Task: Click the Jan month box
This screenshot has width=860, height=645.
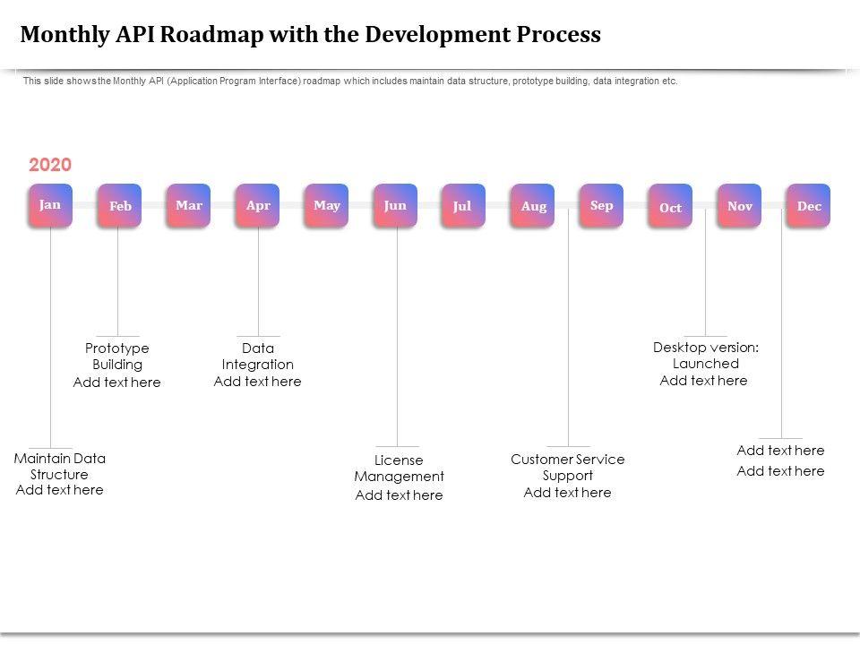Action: [50, 205]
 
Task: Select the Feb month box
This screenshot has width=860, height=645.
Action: [120, 206]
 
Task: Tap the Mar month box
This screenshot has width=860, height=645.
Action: [189, 205]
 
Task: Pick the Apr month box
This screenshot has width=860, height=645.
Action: [258, 205]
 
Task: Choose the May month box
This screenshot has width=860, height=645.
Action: [327, 205]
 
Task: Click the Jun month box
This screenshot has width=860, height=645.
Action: [395, 205]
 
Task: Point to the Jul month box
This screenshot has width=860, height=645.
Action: [462, 206]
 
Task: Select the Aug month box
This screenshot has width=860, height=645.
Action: [533, 206]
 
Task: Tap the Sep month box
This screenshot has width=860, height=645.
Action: [602, 205]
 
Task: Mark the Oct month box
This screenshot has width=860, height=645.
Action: [670, 207]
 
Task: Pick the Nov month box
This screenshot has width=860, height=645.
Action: [740, 206]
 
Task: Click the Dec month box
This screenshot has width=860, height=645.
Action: [809, 206]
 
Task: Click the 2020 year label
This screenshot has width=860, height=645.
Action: [50, 165]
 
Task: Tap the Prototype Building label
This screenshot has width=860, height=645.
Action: [117, 357]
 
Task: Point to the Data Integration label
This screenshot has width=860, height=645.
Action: [258, 357]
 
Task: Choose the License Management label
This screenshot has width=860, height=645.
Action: [399, 469]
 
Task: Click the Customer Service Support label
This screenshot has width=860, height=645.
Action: [568, 468]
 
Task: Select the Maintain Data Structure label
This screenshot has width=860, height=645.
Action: [60, 466]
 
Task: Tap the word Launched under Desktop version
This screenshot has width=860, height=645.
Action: [706, 364]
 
